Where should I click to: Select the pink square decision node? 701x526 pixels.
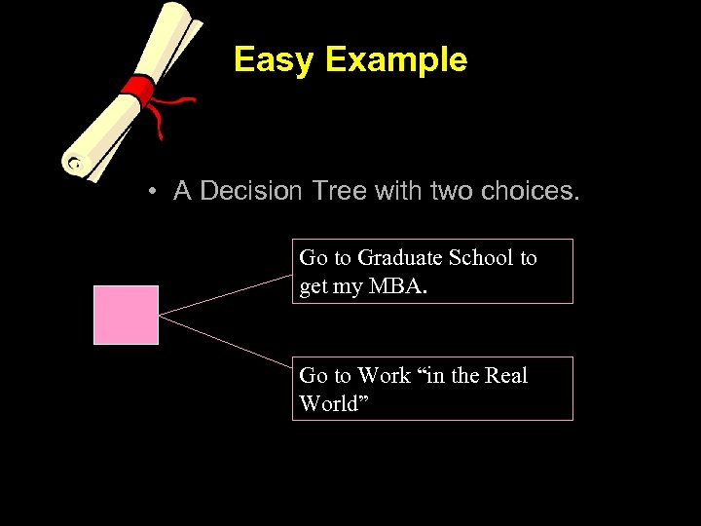[126, 315]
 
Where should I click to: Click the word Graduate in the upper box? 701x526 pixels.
[400, 258]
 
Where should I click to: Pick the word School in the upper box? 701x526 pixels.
[482, 258]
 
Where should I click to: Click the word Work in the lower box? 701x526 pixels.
[385, 375]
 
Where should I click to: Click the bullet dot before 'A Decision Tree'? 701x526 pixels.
[154, 192]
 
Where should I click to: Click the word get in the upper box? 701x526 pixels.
[314, 287]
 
